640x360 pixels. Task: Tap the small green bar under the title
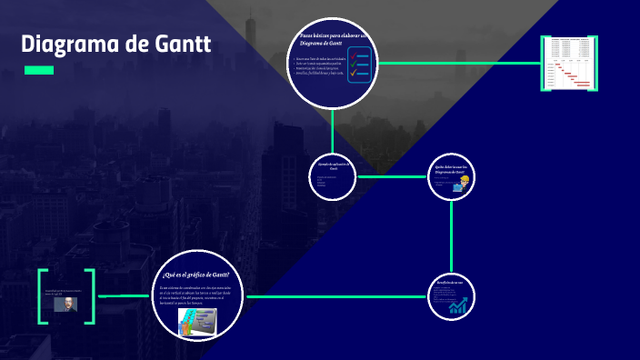click(38, 70)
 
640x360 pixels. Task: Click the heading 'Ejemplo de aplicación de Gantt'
click(334, 166)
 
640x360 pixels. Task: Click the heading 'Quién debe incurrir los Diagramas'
click(451, 169)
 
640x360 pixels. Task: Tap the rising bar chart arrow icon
click(457, 305)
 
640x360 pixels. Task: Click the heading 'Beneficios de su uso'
click(450, 282)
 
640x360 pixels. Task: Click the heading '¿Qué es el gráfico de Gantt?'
click(195, 275)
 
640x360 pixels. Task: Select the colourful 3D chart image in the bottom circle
click(197, 320)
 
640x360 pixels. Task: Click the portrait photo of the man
click(66, 305)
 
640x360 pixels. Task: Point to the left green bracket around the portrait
click(42, 295)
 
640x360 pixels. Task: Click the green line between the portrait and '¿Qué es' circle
click(123, 296)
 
